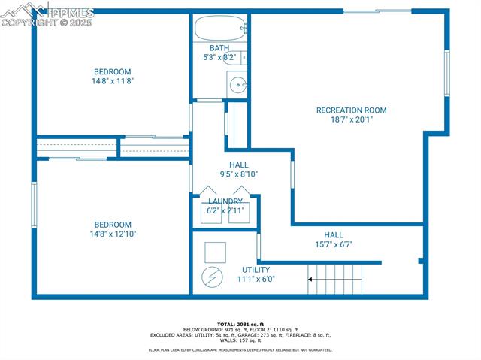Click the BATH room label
(219, 48)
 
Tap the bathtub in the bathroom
(221, 29)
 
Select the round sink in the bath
(237, 84)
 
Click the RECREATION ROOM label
(351, 110)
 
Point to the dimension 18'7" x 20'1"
(351, 119)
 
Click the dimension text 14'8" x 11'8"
(113, 81)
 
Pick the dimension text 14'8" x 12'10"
(113, 234)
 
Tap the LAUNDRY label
(225, 201)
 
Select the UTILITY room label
(256, 270)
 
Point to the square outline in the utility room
(215, 251)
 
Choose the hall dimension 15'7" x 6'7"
(333, 244)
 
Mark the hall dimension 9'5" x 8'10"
(239, 174)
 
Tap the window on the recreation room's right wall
(446, 73)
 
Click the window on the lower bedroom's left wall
(34, 204)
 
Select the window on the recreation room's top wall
(378, 11)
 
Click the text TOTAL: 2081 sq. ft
(240, 324)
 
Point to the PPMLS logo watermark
(48, 13)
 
